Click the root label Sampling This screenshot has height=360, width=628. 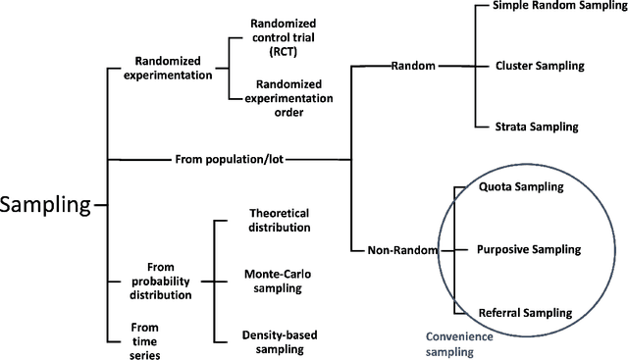[x=46, y=205]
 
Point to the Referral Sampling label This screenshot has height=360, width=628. [x=525, y=313]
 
